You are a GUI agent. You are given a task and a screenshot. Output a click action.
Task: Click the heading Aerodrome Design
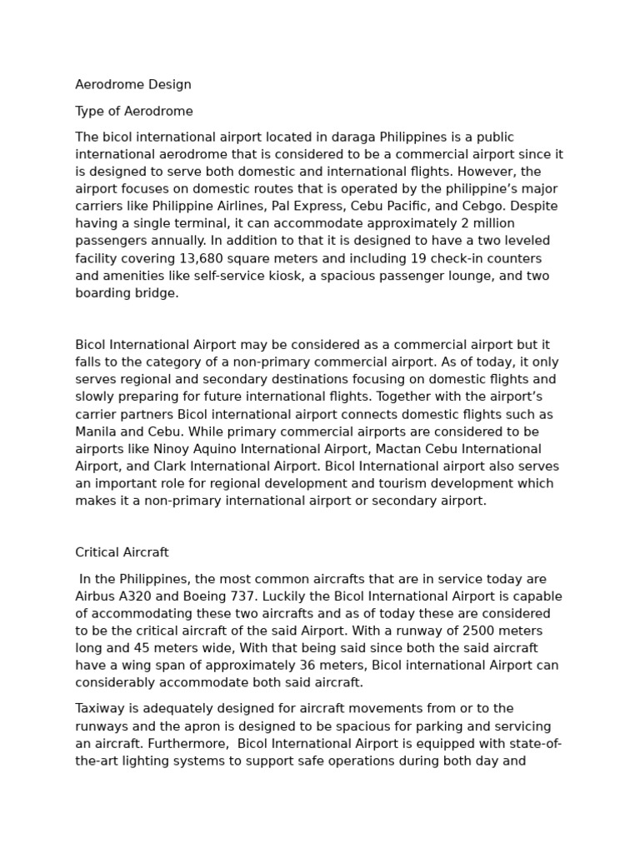coord(133,84)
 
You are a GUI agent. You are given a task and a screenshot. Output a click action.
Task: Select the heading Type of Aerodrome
coord(134,111)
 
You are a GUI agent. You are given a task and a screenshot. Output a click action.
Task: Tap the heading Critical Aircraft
coord(122,552)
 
